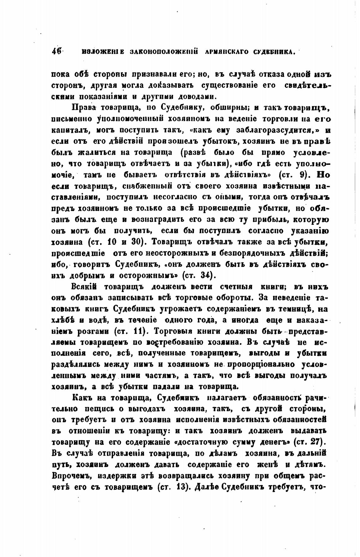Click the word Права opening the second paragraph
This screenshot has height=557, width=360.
tap(83, 108)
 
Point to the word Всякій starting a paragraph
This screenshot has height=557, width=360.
tap(84, 286)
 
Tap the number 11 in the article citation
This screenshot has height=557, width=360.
tap(135, 331)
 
